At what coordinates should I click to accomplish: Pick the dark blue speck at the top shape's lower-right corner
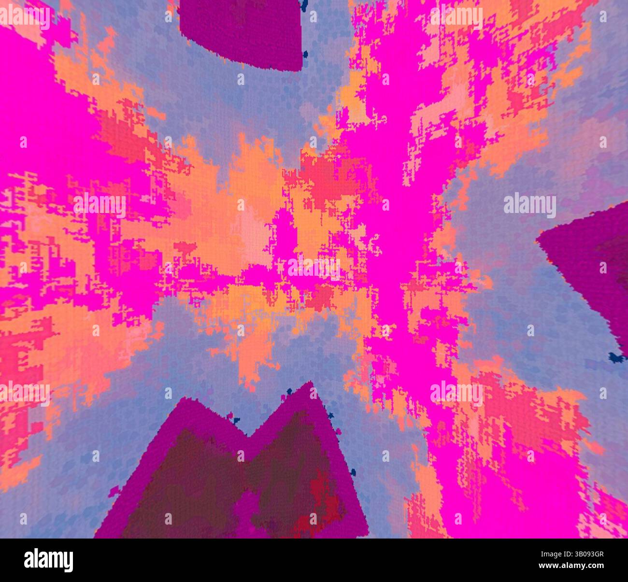coord(306,54)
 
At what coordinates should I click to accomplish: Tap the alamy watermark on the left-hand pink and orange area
coord(99,205)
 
